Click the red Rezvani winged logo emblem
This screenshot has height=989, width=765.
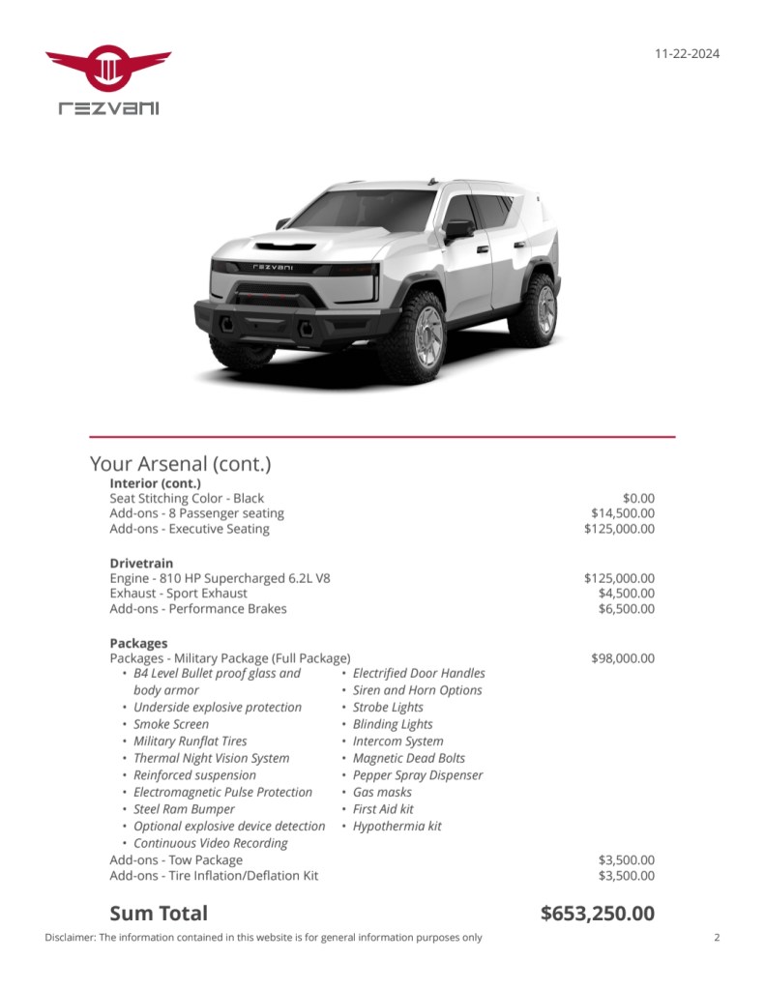click(x=108, y=68)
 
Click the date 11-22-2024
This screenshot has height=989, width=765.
click(x=687, y=54)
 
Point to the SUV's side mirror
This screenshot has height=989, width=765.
click(x=458, y=229)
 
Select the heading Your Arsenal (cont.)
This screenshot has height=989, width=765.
click(x=180, y=463)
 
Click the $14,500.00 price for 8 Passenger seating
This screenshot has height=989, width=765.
click(x=622, y=513)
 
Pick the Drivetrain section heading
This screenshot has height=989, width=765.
click(x=142, y=563)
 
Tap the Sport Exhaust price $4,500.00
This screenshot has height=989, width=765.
click(x=626, y=594)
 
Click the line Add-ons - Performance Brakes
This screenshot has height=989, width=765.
click(x=198, y=609)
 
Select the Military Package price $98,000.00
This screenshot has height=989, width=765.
click(x=622, y=658)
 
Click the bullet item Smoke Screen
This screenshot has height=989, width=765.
click(x=171, y=724)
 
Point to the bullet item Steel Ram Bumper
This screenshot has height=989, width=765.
click(x=184, y=809)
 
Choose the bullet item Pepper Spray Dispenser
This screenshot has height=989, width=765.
click(x=417, y=775)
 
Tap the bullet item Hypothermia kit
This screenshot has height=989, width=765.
click(x=397, y=827)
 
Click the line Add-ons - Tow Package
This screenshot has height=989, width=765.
click(x=176, y=860)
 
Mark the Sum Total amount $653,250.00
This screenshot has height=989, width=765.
click(x=597, y=914)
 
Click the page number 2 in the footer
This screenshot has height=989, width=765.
click(x=717, y=937)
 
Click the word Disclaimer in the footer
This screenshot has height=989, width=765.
click(x=69, y=937)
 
